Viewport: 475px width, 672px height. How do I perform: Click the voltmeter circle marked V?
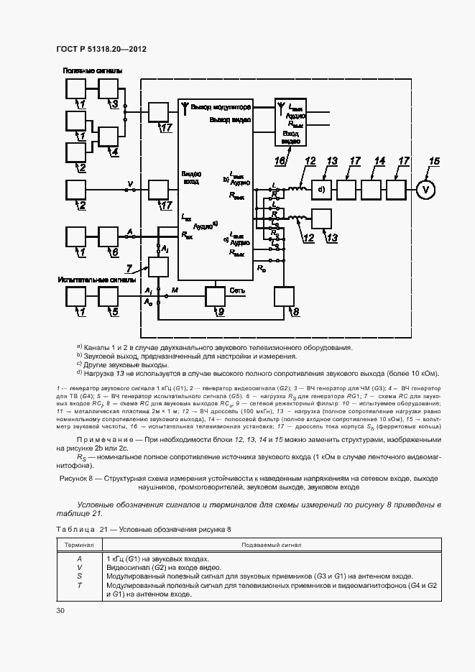[x=427, y=190]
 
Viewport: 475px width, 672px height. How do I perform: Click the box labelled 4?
[x=109, y=137]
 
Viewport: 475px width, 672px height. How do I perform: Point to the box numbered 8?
[x=284, y=296]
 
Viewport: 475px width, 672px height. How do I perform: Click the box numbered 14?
[x=372, y=190]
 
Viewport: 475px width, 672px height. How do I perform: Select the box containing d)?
[x=323, y=190]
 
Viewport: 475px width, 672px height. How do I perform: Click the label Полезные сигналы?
[x=92, y=70]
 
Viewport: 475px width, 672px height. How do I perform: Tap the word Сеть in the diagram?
[x=237, y=291]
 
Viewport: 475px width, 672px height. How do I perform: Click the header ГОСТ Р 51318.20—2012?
[x=101, y=50]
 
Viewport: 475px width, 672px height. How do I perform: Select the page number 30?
[x=60, y=610]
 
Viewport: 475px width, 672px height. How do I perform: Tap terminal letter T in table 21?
[x=80, y=585]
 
